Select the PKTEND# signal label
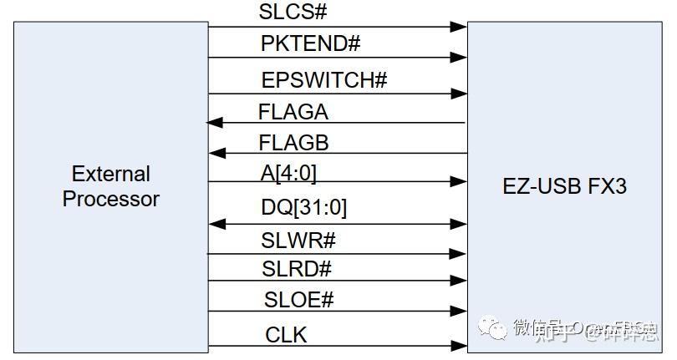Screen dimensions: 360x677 [x=310, y=43]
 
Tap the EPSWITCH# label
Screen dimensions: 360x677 [x=323, y=80]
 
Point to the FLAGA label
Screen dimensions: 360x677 [x=293, y=111]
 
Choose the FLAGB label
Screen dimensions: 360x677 [x=293, y=142]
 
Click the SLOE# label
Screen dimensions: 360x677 [x=298, y=300]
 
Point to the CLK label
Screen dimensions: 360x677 [x=286, y=335]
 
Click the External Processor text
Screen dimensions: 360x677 [x=110, y=186]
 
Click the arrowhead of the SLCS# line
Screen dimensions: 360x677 [x=459, y=27]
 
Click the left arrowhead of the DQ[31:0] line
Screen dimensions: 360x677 [x=216, y=224]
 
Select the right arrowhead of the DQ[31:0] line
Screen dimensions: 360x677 [x=459, y=224]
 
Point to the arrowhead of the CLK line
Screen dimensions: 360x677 [x=459, y=345]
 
